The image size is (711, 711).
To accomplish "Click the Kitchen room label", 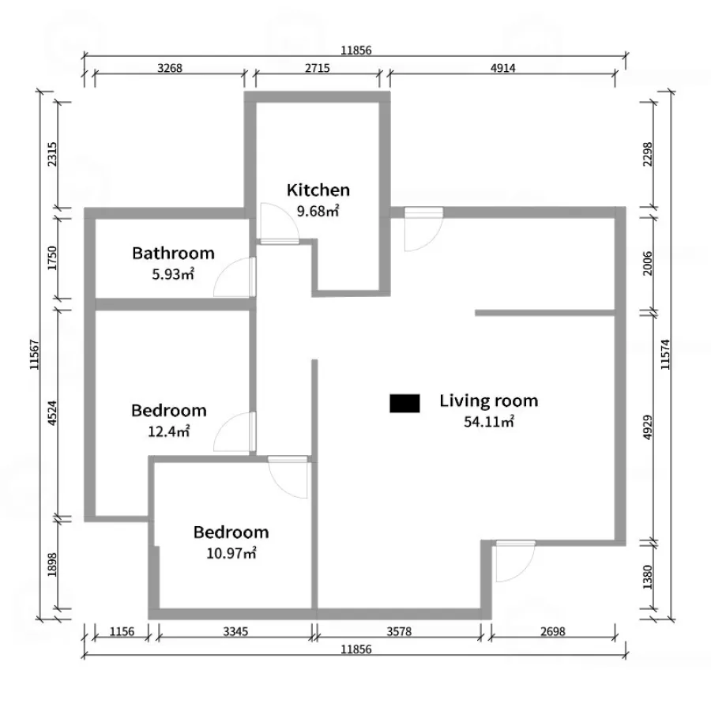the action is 318,190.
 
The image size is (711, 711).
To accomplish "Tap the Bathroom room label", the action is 173,253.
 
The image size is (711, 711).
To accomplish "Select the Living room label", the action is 489,401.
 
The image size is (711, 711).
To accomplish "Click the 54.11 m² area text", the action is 489,422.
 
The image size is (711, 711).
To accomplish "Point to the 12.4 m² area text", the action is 169,431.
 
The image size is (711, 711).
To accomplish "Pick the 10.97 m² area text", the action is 231,553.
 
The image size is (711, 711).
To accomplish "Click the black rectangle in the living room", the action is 404,404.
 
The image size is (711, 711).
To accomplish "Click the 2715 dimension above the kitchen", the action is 318,68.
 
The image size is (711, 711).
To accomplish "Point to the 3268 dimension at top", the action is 170,68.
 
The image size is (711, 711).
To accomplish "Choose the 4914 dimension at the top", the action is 503,68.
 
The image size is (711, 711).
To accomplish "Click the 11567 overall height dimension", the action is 35,355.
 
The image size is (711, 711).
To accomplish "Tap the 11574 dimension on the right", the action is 664,355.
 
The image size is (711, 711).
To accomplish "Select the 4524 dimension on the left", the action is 52,412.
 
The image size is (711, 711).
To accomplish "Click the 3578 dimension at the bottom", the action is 399,631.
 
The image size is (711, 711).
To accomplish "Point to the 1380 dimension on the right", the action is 648,577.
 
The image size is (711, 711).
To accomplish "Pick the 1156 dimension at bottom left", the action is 122,631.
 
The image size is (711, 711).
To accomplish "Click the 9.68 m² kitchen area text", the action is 318,211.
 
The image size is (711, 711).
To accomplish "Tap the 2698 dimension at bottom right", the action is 553,631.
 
